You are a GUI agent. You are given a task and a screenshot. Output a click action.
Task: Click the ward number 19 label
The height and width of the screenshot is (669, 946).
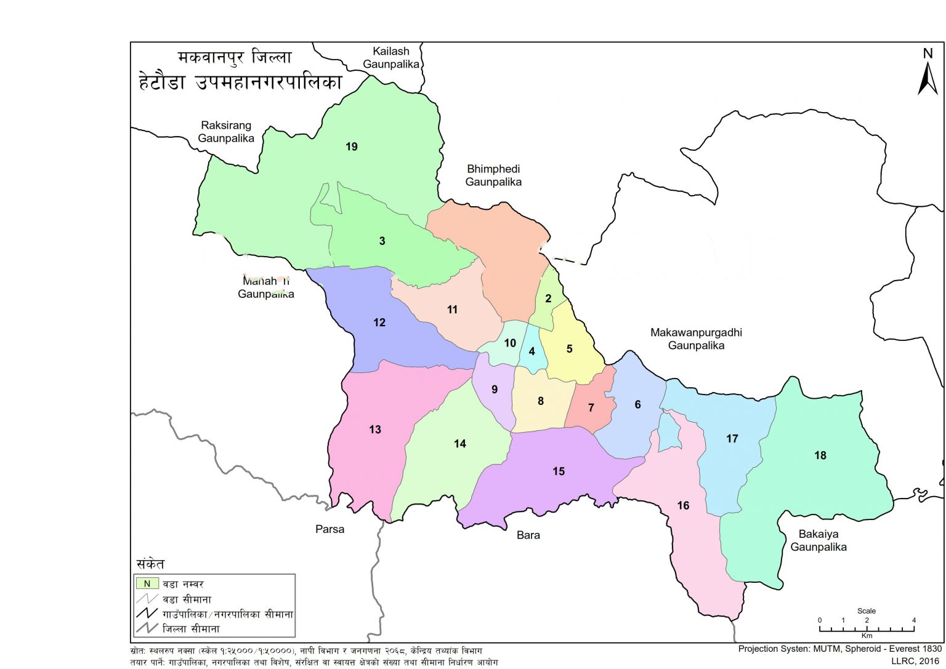coord(352,146)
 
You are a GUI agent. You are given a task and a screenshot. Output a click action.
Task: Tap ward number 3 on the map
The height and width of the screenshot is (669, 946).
coord(382,241)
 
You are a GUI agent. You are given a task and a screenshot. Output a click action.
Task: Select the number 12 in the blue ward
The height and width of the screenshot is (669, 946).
coord(379,322)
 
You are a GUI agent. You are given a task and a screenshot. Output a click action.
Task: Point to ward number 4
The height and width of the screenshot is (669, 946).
coord(532,352)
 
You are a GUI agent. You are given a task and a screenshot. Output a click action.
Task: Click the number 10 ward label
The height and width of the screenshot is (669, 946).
coord(510,343)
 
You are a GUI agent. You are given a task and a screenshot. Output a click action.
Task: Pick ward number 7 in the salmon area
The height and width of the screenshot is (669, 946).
coord(591,407)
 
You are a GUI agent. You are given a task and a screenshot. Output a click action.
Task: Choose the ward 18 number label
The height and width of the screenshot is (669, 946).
coord(820,455)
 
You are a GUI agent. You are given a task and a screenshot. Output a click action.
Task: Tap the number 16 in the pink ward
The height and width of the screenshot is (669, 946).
coord(683,505)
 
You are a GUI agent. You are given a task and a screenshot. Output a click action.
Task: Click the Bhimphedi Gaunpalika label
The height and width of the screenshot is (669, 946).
coord(493,175)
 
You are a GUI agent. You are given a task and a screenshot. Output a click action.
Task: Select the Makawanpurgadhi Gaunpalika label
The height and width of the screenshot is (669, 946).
coord(696,339)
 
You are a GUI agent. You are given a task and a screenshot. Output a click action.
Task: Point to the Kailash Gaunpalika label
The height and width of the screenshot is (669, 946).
coord(391,58)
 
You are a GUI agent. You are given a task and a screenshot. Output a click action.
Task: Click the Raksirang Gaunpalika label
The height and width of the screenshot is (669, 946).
coord(226,132)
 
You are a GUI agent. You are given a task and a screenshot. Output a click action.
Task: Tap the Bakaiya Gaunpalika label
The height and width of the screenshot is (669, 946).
coord(819,540)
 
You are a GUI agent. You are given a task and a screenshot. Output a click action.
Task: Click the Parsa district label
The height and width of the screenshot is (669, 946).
coord(329,529)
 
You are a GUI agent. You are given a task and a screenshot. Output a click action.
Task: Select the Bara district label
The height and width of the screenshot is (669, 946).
coord(528,535)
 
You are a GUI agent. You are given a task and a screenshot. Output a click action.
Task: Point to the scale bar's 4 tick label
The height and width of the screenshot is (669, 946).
coord(914,620)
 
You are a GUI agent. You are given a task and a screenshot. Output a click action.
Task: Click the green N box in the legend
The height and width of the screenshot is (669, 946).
coord(147,583)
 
